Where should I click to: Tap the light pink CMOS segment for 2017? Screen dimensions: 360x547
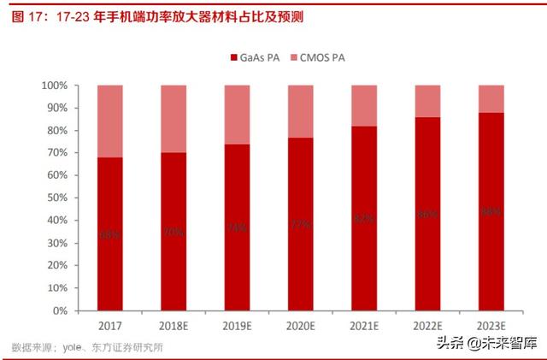(109, 121)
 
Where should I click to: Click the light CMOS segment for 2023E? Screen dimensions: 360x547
(491, 99)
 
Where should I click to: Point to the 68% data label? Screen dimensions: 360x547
(109, 233)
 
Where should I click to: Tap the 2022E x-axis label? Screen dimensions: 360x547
(427, 325)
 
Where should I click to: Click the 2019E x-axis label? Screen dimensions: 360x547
(237, 325)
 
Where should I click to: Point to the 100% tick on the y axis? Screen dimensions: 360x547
(56, 86)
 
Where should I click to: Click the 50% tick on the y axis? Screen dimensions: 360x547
(57, 198)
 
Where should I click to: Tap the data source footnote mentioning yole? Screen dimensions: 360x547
(86, 347)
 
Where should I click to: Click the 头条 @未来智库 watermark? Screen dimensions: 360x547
(489, 344)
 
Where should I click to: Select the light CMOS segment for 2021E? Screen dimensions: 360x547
(363, 106)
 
